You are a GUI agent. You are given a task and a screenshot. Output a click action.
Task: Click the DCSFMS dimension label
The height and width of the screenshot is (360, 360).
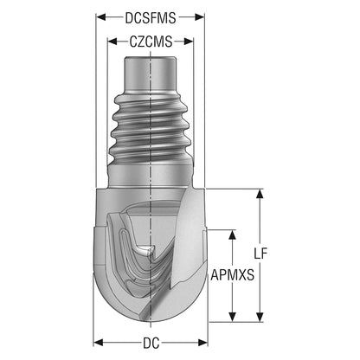151,18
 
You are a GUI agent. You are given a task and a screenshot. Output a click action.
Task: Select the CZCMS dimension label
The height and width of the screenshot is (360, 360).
151,42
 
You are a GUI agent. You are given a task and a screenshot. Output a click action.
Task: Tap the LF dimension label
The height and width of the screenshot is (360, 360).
260,254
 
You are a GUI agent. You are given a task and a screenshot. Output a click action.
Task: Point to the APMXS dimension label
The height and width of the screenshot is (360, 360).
233,275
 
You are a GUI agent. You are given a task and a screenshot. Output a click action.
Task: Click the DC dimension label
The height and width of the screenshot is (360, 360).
151,344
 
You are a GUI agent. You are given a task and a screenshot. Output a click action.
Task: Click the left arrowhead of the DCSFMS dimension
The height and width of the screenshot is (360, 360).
101,17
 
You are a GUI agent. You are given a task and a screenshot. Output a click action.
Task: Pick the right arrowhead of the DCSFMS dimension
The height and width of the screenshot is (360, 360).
199,17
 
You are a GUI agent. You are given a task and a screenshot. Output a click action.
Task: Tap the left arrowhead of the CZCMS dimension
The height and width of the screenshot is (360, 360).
112,42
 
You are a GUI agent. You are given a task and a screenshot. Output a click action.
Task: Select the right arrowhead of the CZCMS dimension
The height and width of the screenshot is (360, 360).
188,42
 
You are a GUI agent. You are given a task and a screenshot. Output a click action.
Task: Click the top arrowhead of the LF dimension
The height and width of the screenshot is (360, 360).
260,194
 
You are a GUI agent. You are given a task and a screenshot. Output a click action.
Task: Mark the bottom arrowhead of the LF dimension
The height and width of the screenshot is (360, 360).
260,317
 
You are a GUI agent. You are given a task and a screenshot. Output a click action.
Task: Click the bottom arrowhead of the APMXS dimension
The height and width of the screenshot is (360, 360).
232,317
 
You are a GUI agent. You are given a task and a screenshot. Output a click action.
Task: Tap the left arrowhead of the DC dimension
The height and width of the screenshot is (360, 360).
99,343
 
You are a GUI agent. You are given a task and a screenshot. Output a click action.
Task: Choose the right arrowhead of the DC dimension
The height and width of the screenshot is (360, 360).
202,343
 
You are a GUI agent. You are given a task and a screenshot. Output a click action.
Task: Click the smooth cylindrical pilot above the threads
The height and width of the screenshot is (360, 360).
150,73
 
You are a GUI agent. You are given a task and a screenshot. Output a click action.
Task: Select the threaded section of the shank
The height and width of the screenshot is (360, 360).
151,127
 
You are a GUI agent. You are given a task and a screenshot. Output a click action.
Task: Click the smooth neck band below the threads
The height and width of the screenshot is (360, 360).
150,177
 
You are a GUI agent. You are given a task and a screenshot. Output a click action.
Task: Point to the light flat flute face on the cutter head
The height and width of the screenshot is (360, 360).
188,236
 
